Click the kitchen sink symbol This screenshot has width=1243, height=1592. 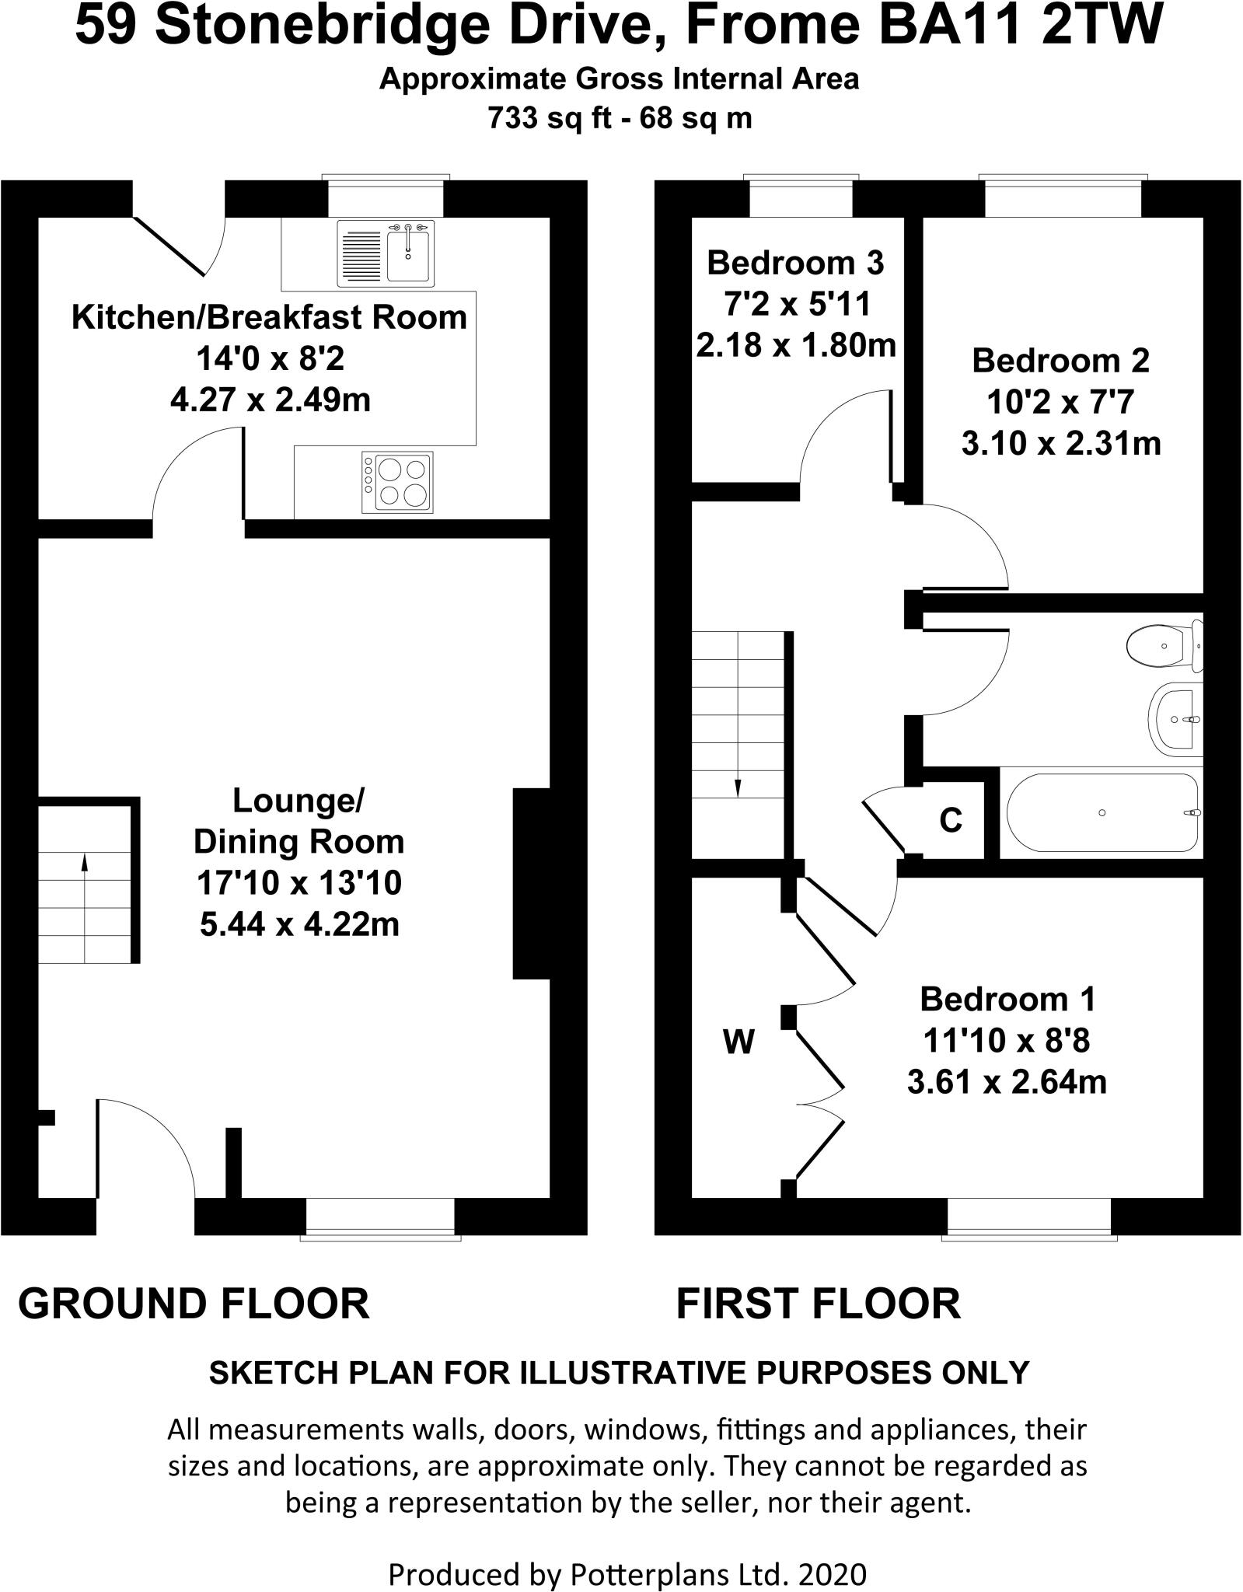click(386, 252)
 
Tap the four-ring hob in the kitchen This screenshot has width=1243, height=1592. click(396, 483)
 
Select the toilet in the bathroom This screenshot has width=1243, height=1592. click(1163, 645)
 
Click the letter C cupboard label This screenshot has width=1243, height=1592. click(951, 820)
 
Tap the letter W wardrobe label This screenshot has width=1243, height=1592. click(738, 1042)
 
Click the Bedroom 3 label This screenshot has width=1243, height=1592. click(795, 264)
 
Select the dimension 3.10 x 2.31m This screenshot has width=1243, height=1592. click(1061, 444)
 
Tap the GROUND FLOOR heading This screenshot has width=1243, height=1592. click(194, 1304)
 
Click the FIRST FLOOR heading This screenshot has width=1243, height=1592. click(818, 1304)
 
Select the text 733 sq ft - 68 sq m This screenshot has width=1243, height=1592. click(620, 118)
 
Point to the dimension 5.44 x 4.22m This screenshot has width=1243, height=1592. click(299, 924)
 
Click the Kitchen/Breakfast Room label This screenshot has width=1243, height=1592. click(269, 317)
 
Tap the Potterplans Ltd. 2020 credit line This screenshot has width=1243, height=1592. click(627, 1555)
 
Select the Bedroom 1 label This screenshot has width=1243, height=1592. click(1007, 999)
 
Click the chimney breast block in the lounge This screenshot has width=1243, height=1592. click(532, 883)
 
